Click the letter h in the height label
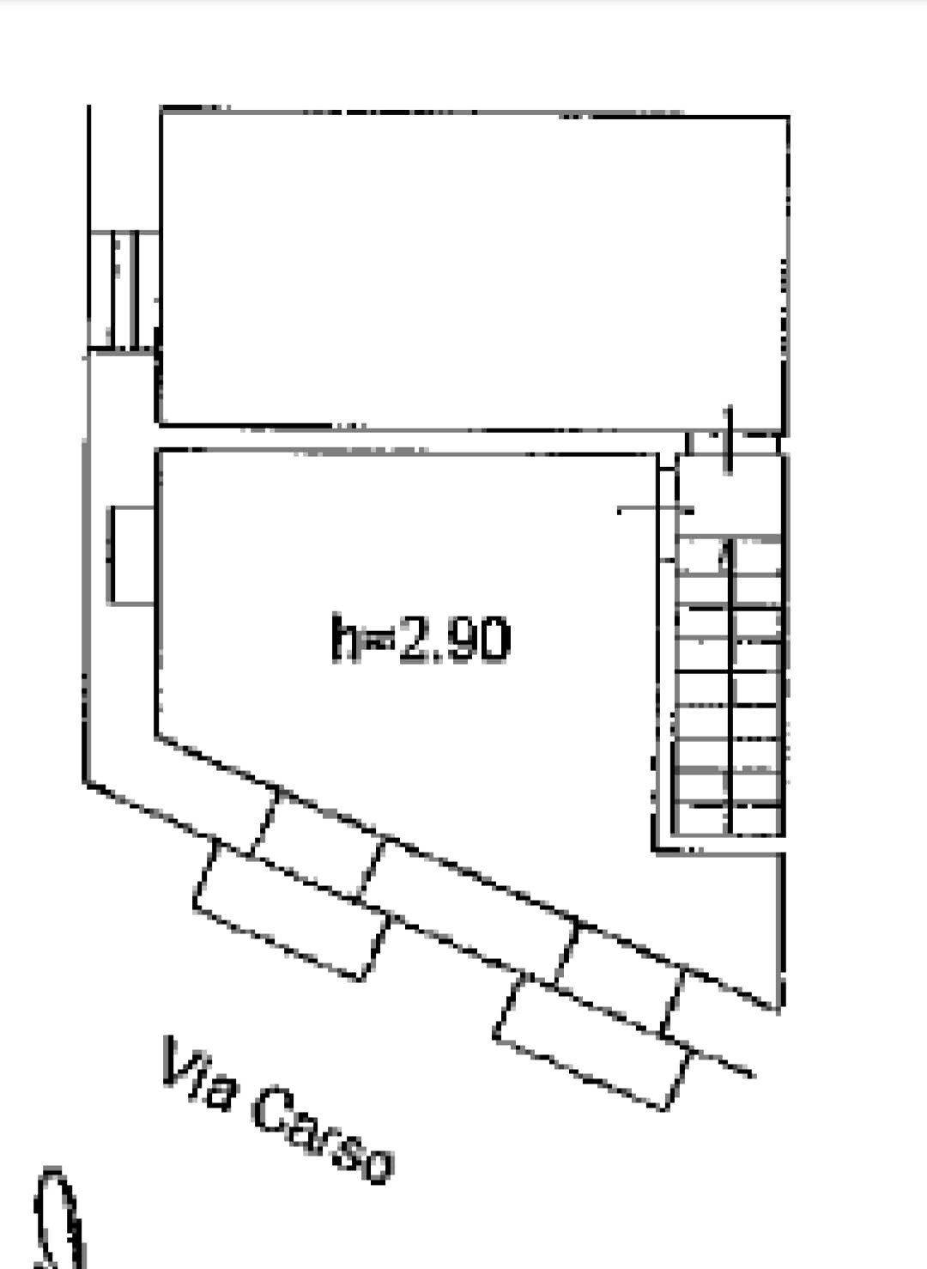coord(345,637)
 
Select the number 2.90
coord(454,640)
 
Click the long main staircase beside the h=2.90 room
coord(730,685)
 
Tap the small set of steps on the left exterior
coord(123,289)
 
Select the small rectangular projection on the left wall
coord(130,555)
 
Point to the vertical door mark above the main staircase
coord(729,440)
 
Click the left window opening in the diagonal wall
coord(317,843)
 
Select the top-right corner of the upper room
coord(788,117)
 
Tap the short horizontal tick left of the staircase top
coord(655,511)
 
